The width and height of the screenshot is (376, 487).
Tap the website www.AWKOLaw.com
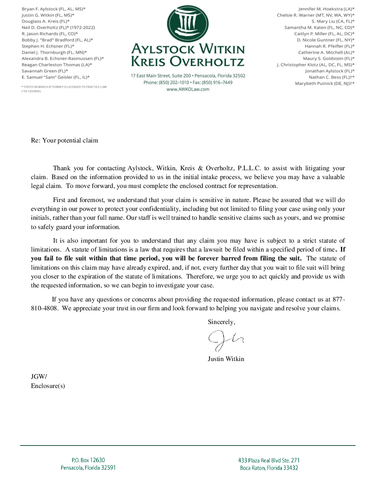pyautogui.click(x=188, y=89)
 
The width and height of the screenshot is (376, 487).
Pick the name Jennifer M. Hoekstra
pyautogui.click(x=318, y=9)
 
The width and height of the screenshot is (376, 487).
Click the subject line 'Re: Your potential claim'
pyautogui.click(x=64, y=140)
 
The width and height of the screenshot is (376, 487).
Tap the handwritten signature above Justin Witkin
pyautogui.click(x=226, y=340)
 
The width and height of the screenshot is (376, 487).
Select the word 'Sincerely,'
pyautogui.click(x=221, y=322)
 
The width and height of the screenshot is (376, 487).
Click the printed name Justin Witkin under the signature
pyautogui.click(x=226, y=359)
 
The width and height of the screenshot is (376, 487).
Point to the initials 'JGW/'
pyautogui.click(x=39, y=377)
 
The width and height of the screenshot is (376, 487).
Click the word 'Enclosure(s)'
pyautogui.click(x=48, y=386)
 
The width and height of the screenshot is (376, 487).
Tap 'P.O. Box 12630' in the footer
pyautogui.click(x=88, y=460)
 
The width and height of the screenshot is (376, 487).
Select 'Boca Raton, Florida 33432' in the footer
pyautogui.click(x=269, y=468)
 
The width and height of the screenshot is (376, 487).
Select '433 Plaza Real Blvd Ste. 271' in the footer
pyautogui.click(x=269, y=460)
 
